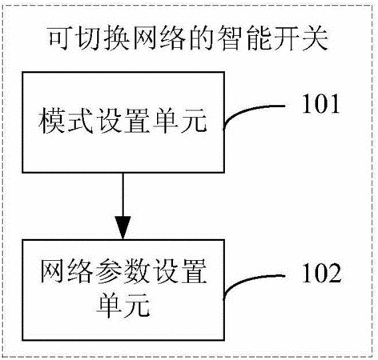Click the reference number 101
click(320, 104)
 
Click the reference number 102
click(321, 273)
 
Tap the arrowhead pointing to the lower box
click(123, 227)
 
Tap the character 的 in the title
click(201, 38)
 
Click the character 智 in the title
click(229, 38)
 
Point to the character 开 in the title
click(286, 38)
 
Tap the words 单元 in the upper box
click(179, 120)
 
